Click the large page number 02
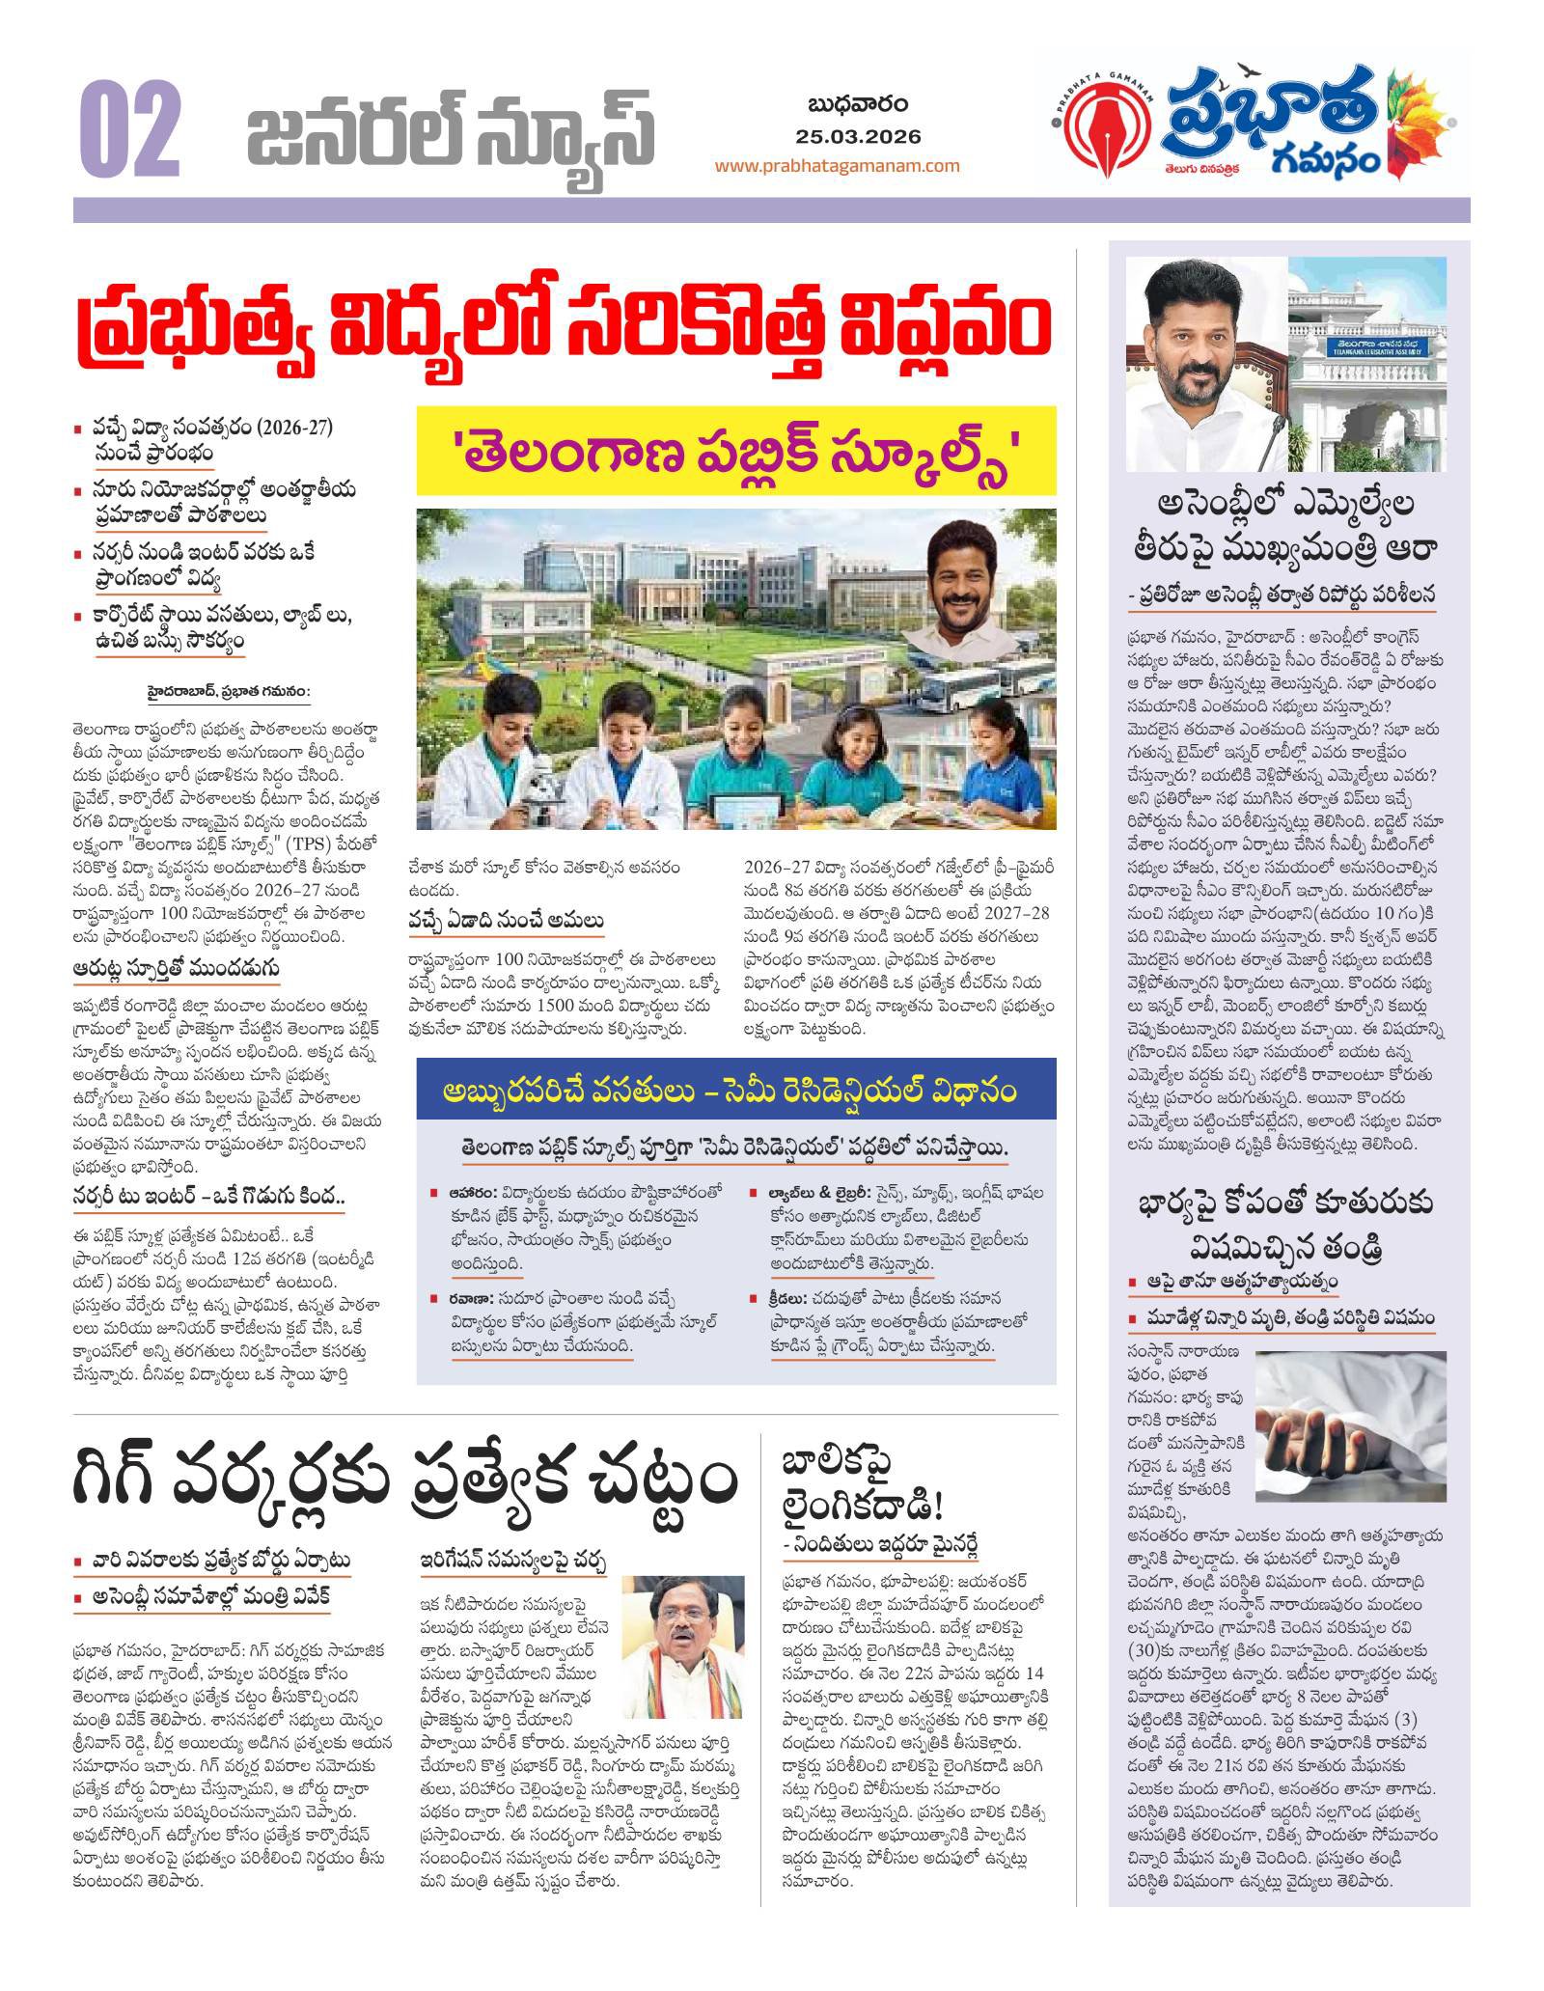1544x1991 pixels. point(131,130)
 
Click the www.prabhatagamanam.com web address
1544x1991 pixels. point(837,165)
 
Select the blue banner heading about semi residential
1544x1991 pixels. point(736,1091)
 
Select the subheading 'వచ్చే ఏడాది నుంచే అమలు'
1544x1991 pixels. point(507,922)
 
